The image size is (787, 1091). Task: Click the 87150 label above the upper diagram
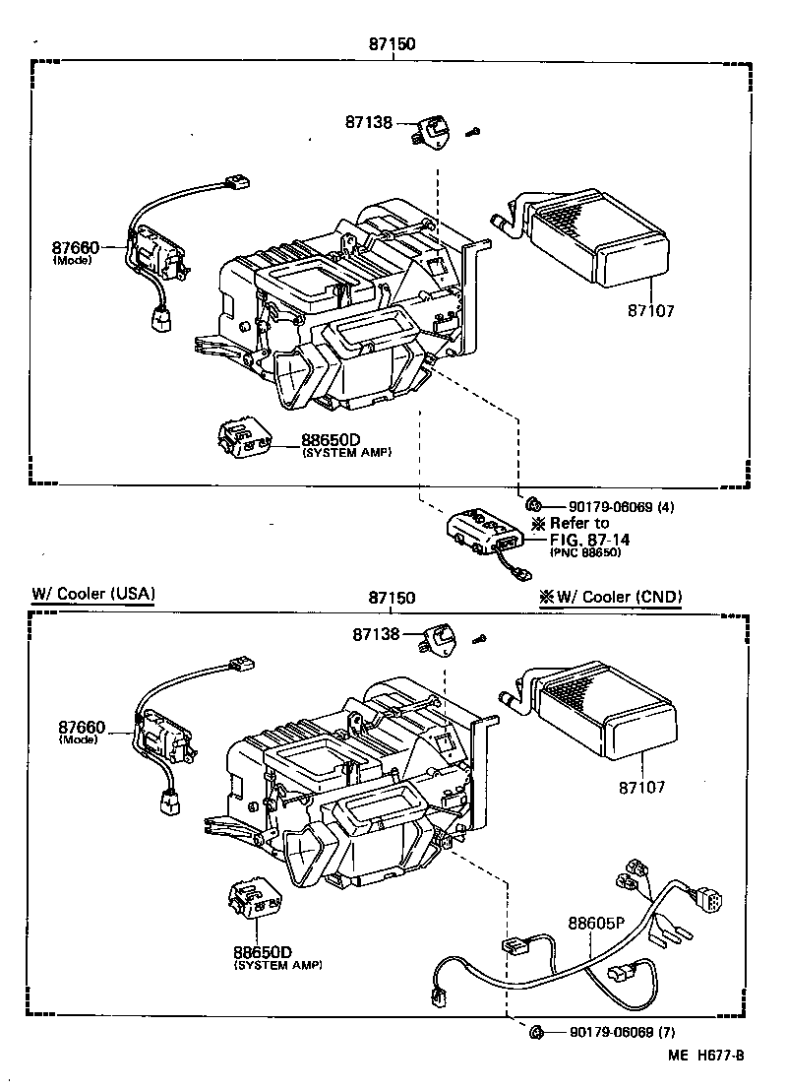click(x=392, y=44)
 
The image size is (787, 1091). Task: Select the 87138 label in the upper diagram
click(x=368, y=123)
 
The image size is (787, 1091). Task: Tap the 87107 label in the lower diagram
click(x=641, y=787)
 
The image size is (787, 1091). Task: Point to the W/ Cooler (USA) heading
click(x=92, y=595)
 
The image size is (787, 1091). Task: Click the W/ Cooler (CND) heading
click(x=609, y=597)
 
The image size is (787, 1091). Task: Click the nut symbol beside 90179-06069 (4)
click(x=531, y=505)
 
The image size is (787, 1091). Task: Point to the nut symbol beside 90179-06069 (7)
click(x=537, y=1032)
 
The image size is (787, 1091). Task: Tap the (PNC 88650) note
click(x=584, y=552)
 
